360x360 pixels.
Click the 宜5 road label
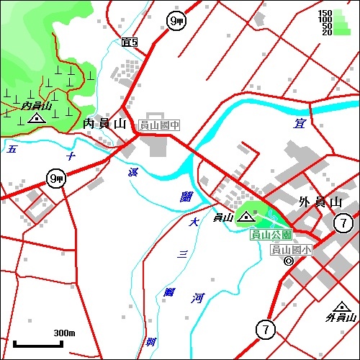click(x=130, y=43)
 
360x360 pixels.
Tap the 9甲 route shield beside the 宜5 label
click(x=175, y=21)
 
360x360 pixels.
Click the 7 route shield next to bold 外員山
click(x=345, y=224)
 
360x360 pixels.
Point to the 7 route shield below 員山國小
click(x=266, y=330)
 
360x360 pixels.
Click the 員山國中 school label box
click(x=159, y=125)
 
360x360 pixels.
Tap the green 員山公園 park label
click(x=271, y=235)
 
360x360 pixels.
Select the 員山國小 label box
click(x=292, y=250)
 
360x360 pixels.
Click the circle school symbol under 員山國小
click(x=288, y=261)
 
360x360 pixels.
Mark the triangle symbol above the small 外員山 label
click(x=340, y=306)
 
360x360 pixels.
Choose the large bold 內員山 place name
click(x=105, y=124)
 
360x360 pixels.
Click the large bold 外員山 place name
click(x=319, y=202)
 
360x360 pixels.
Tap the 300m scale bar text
click(x=64, y=333)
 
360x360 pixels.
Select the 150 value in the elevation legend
click(x=325, y=13)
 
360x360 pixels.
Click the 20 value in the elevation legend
click(x=326, y=32)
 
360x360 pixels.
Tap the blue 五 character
click(x=12, y=150)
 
